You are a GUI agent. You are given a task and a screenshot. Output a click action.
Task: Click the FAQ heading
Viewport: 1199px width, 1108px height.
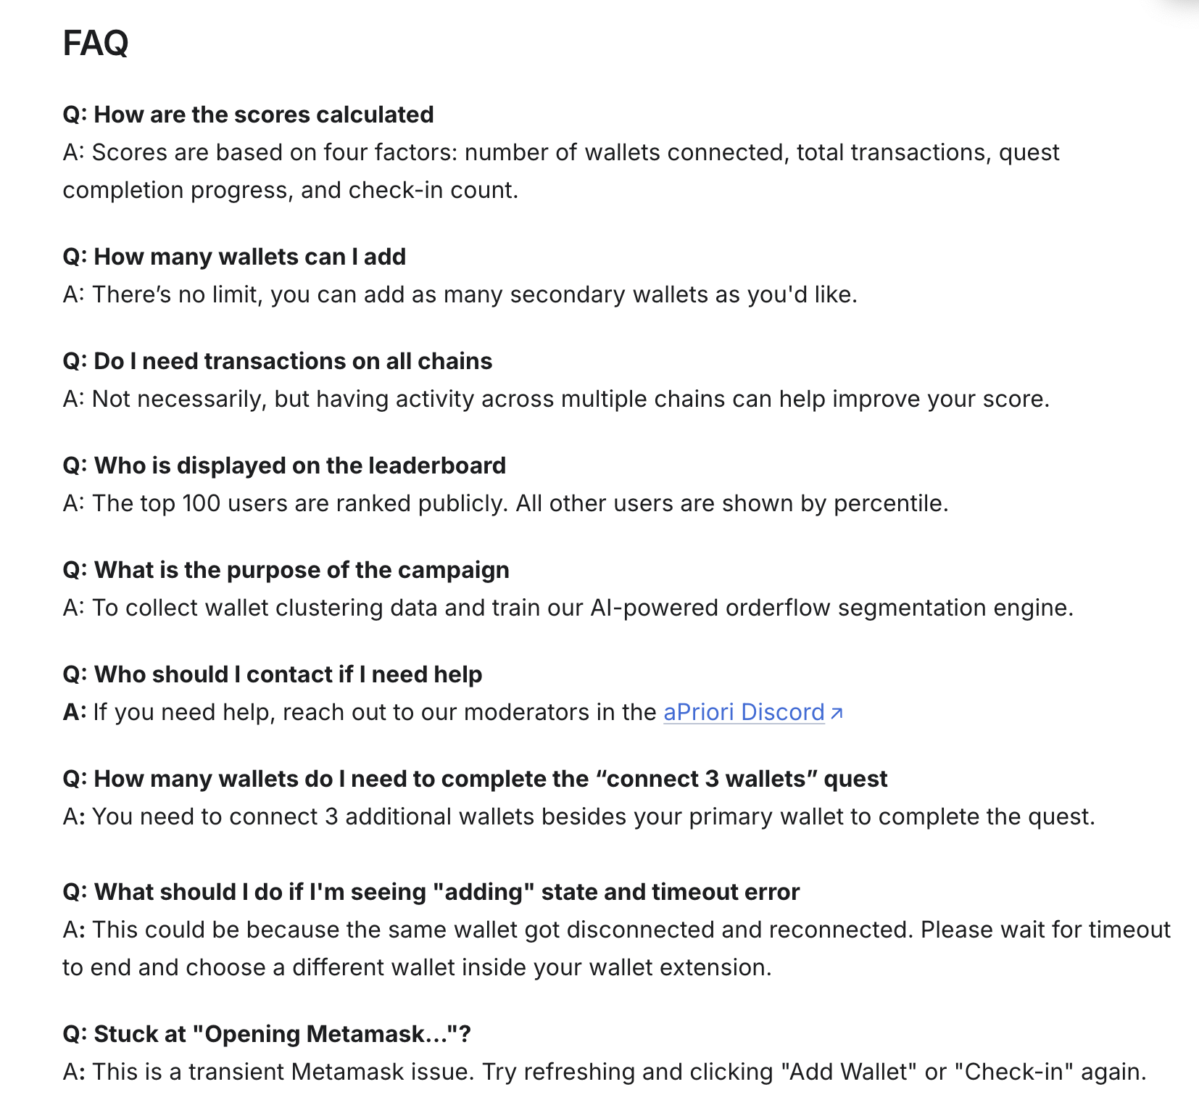pos(96,44)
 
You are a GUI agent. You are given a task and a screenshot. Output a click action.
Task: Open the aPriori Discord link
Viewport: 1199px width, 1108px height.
pos(744,712)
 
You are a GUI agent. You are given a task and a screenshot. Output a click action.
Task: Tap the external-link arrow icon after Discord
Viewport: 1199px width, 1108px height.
pos(837,714)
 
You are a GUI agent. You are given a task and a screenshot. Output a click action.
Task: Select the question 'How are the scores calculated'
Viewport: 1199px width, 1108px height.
pos(248,115)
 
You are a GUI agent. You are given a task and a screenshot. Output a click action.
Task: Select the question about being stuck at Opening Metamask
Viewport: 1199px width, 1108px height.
pos(267,1034)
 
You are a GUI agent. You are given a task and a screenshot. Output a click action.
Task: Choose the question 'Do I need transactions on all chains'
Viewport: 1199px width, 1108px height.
pos(278,361)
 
